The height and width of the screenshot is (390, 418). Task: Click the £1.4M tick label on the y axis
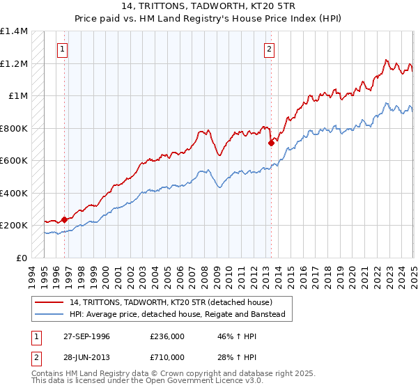tap(14, 31)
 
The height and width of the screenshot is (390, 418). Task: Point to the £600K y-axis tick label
tap(14, 161)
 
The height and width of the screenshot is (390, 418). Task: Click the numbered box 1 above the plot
tap(63, 49)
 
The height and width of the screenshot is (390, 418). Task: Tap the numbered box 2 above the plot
tap(269, 49)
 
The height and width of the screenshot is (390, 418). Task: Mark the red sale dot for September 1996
tap(64, 219)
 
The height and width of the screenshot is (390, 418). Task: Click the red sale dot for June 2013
tap(270, 143)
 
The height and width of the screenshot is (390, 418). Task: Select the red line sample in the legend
tap(50, 302)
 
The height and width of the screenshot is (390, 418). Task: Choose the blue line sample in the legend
tap(50, 314)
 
